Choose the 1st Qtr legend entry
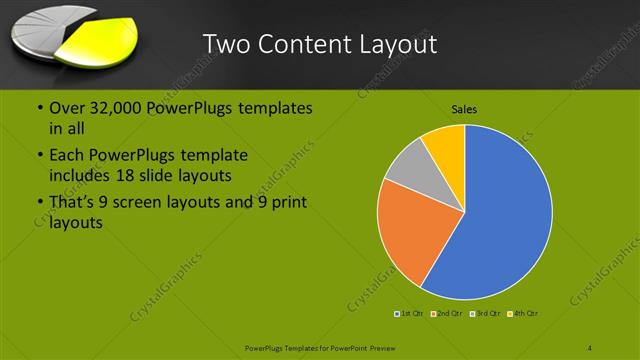pos(409,314)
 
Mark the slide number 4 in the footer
pos(590,347)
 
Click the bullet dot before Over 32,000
pos(39,108)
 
